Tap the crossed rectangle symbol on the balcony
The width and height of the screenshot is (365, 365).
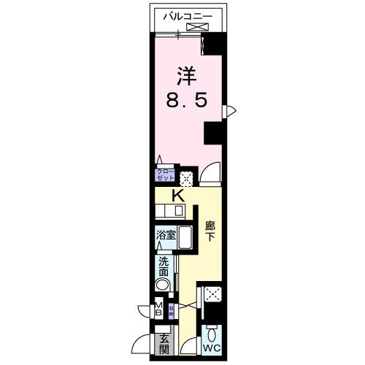(196, 28)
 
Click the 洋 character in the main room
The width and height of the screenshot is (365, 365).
(188, 75)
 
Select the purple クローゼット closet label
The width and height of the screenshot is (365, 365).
(164, 175)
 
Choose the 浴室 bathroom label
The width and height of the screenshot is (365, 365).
(165, 236)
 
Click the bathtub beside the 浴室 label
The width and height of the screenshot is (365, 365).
(185, 239)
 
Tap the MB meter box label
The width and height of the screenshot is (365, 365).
(158, 310)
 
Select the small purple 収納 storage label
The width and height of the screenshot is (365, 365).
(172, 310)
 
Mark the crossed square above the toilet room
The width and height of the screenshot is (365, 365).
(213, 295)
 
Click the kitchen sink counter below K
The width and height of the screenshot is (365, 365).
(171, 212)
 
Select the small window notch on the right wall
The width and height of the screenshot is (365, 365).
(230, 110)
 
